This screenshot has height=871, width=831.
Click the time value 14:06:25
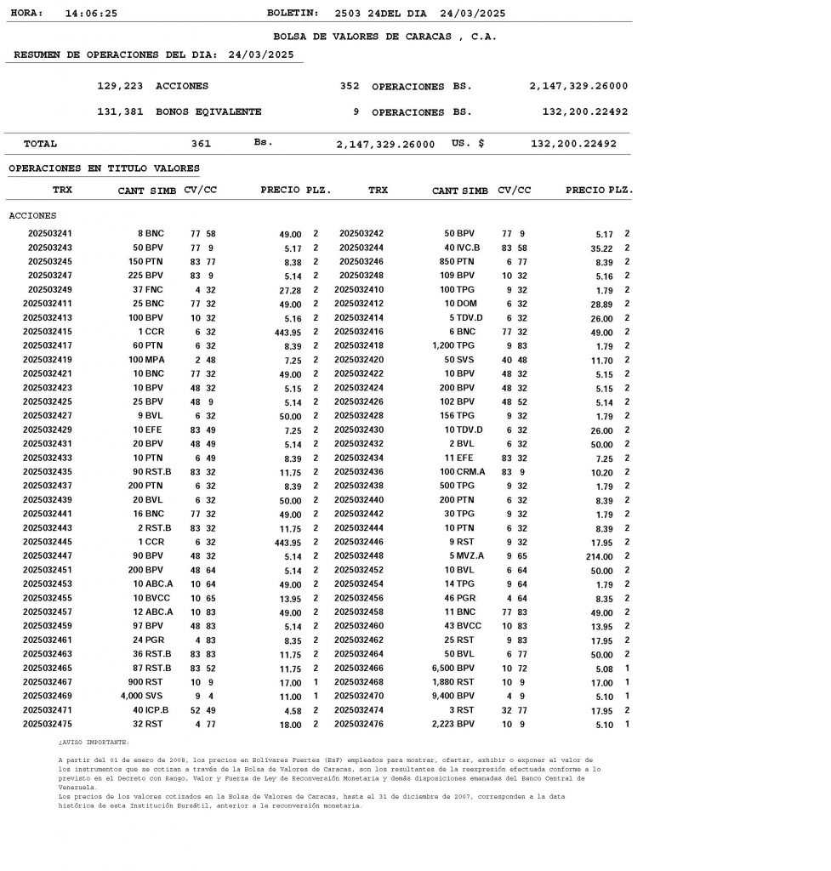pyautogui.click(x=91, y=14)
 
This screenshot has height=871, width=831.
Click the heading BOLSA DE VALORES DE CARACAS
pyautogui.click(x=384, y=37)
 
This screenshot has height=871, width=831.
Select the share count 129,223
pyautogui.click(x=120, y=86)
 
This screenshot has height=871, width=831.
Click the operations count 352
pyautogui.click(x=350, y=86)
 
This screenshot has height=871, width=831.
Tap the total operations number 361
pyautogui.click(x=201, y=144)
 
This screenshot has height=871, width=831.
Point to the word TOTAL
pyautogui.click(x=40, y=144)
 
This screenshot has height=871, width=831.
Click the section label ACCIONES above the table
pyautogui.click(x=32, y=216)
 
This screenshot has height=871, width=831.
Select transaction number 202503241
pyautogui.click(x=50, y=233)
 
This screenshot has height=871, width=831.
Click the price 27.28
pyautogui.click(x=290, y=291)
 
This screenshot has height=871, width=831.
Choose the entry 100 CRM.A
pyautogui.click(x=462, y=472)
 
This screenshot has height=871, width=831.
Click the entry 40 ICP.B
pyautogui.click(x=151, y=710)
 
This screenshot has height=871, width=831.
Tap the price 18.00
pyautogui.click(x=290, y=726)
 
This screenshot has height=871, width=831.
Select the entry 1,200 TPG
pyautogui.click(x=453, y=346)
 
